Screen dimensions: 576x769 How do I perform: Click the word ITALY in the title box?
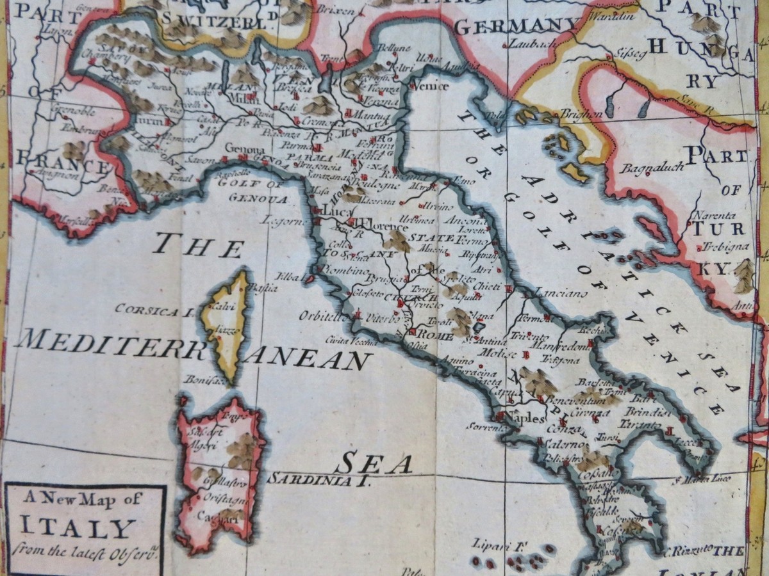coord(78,529)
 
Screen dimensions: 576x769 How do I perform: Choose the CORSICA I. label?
coord(154,310)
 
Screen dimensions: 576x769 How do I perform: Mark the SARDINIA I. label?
coord(318,480)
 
